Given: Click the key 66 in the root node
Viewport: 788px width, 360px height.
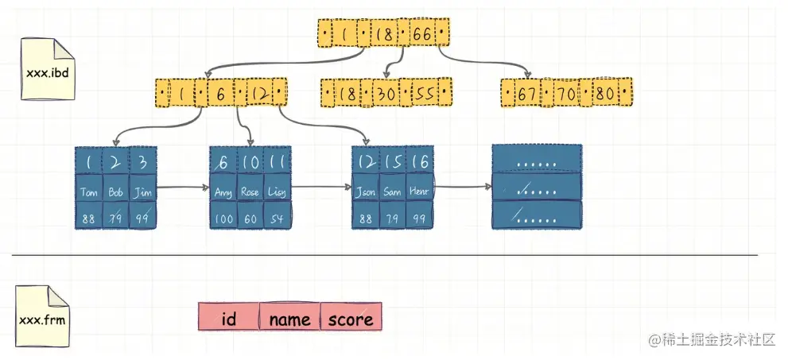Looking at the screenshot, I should (x=422, y=33).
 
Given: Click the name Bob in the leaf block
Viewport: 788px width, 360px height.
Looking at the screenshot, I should (x=115, y=192).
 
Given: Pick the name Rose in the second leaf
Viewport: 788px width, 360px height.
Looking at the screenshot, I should (x=250, y=192).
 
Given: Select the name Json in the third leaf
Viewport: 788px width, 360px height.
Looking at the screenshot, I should (x=365, y=192).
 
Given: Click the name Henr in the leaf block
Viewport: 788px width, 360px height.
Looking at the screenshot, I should (x=419, y=192).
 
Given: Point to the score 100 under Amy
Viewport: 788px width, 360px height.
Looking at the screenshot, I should (x=223, y=217).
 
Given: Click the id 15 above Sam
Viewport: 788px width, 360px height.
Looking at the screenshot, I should (x=392, y=161).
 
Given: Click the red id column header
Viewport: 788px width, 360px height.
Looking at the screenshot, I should (x=229, y=319).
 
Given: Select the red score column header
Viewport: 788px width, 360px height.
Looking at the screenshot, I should (x=351, y=319).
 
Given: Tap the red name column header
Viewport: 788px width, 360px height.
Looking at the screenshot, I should (x=289, y=319).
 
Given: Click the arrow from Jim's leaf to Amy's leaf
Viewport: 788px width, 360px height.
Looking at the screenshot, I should (x=184, y=189).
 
